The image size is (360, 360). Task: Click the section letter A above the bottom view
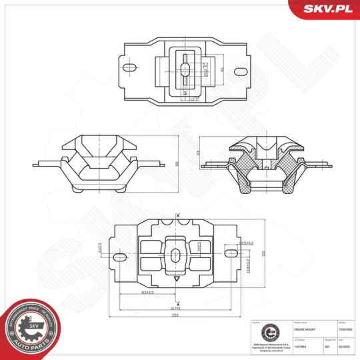(178, 213)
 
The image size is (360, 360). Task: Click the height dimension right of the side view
(177, 163)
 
